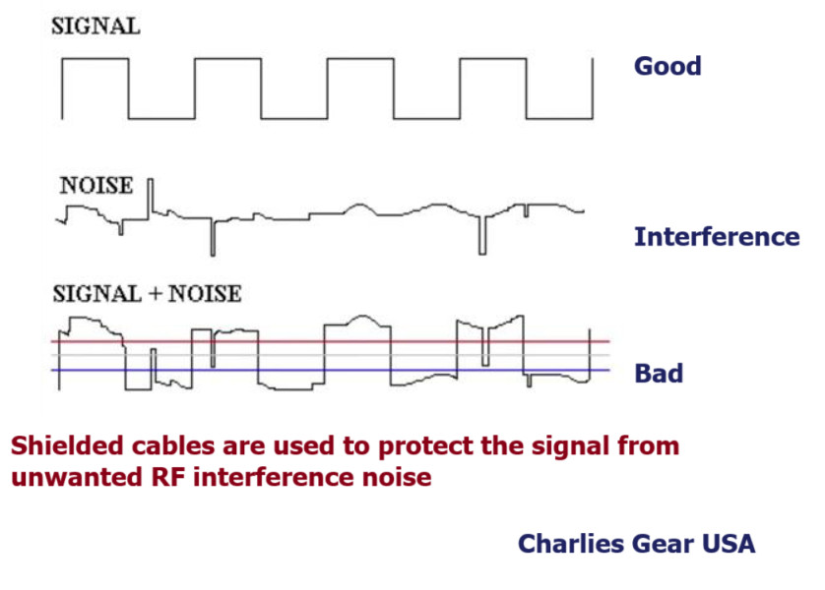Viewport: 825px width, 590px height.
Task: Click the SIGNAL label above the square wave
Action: (95, 28)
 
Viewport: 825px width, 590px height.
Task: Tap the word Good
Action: (667, 67)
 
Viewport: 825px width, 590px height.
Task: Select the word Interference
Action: (716, 237)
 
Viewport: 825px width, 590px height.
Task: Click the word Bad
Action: (659, 374)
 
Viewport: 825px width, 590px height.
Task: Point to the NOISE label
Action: (95, 184)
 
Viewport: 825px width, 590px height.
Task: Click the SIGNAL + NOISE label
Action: (147, 293)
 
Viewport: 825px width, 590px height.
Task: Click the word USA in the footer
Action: (727, 543)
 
